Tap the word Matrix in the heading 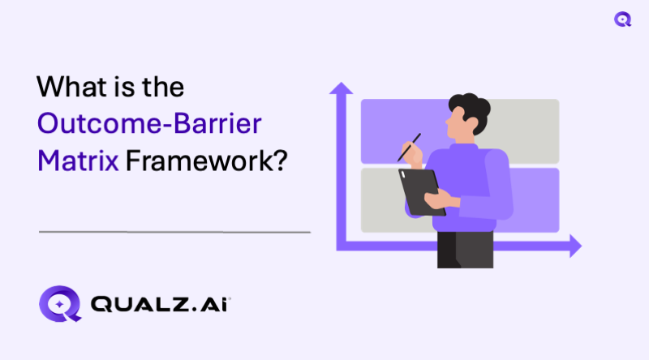tap(76, 160)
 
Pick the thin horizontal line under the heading tap(174, 232)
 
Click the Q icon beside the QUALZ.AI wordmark tap(60, 302)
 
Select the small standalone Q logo tap(623, 19)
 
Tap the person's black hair tap(468, 109)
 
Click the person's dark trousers tap(465, 248)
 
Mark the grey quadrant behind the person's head tap(527, 122)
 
